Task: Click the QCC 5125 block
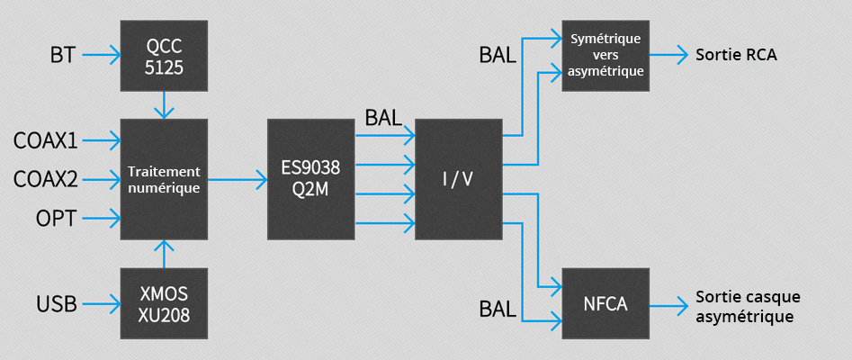coord(163,55)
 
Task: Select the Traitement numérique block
coord(163,179)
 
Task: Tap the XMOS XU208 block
coord(163,303)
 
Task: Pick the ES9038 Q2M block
coord(311,179)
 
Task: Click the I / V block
coord(458,179)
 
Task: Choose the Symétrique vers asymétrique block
coord(605,54)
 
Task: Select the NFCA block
coord(605,303)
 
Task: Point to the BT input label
coord(63,57)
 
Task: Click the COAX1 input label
coord(45,140)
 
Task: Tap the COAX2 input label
coord(45,179)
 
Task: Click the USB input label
coord(56,303)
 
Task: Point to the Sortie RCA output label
coord(735,55)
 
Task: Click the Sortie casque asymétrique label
coord(747,306)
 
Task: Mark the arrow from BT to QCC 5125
coord(100,57)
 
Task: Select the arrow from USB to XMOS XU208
coord(100,303)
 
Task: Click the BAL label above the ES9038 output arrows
coord(383,118)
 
